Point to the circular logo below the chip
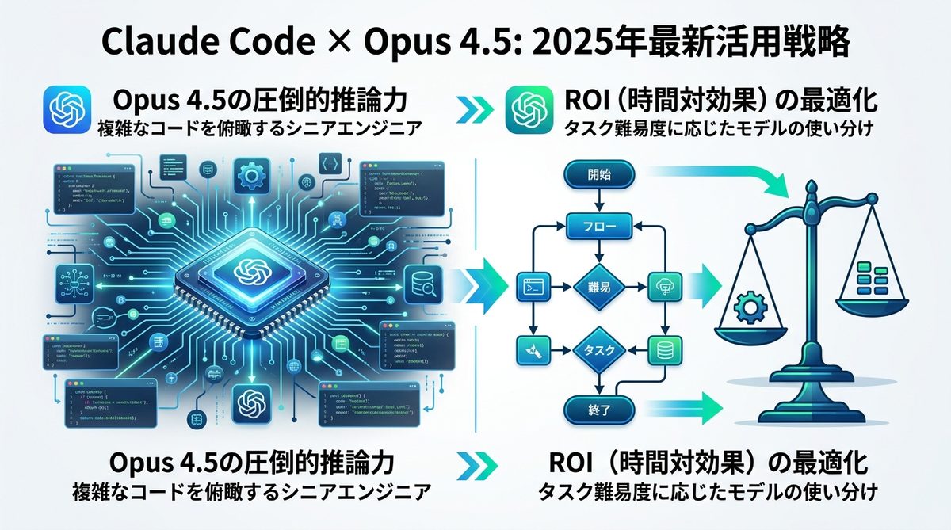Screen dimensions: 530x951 point(250,400)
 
